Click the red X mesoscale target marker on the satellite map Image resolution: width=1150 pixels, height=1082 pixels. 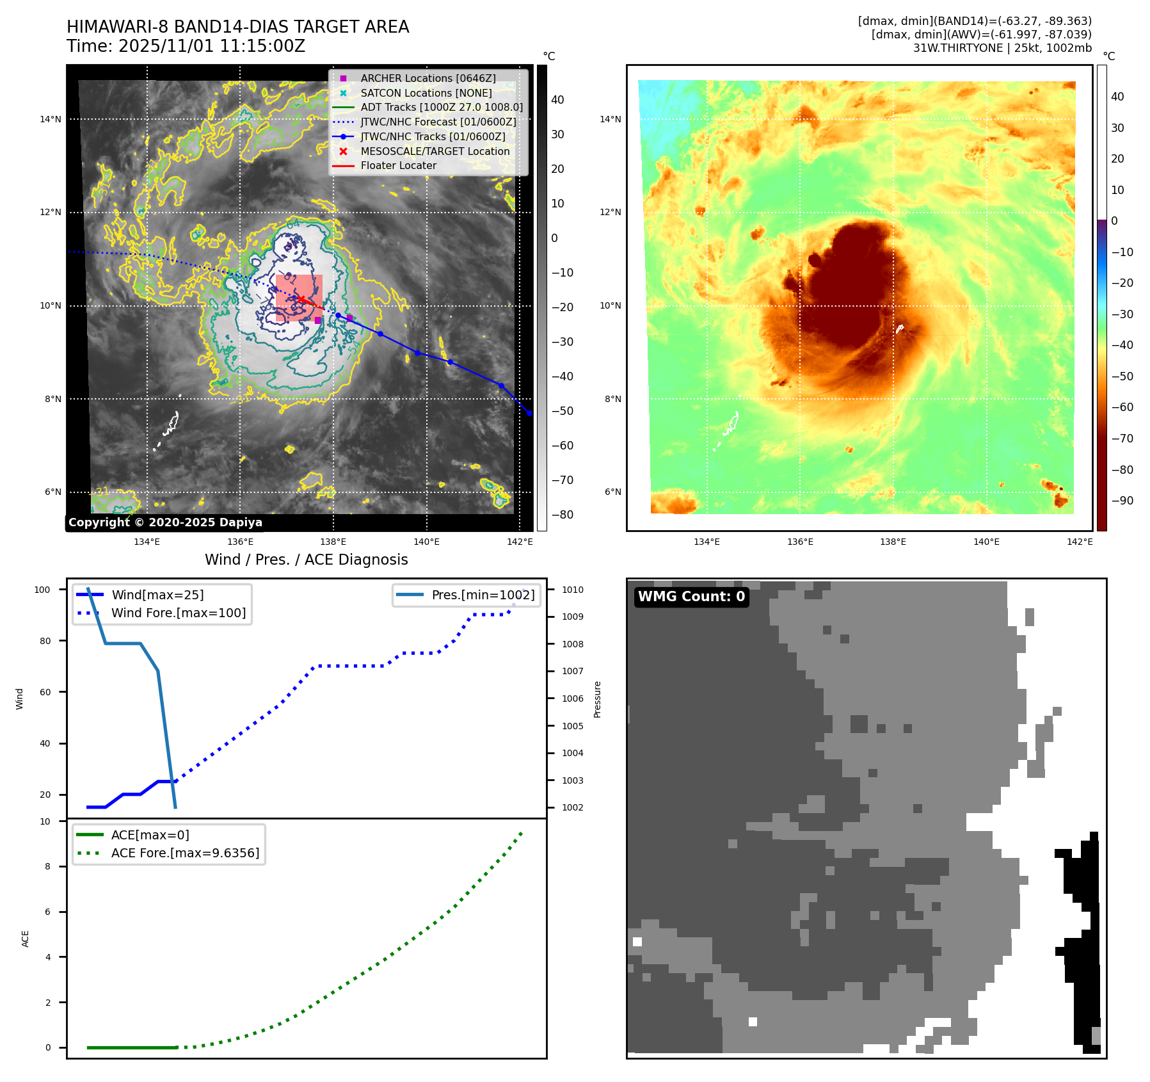point(301,299)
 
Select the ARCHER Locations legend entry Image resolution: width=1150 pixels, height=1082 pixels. point(427,78)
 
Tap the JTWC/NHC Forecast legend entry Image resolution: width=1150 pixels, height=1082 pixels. point(438,122)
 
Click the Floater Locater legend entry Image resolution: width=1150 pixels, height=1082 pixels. point(398,165)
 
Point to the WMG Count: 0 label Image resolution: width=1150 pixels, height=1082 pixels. point(691,597)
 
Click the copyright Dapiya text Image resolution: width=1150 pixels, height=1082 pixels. point(165,522)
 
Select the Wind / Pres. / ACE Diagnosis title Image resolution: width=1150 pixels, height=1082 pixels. point(306,560)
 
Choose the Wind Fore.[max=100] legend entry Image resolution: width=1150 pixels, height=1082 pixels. point(178,613)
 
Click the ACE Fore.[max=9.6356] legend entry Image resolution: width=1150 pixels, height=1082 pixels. point(185,853)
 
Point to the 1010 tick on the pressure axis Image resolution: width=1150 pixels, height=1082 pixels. point(572,590)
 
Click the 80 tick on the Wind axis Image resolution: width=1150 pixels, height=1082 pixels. point(45,641)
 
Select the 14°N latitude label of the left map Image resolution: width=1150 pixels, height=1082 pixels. point(51,119)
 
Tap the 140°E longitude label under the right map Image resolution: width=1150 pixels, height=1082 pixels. point(986,542)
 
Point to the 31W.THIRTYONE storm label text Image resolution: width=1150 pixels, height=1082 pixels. point(957,48)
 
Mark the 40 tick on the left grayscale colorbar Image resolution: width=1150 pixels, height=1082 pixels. point(557,100)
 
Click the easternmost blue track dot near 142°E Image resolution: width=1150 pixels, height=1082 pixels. point(529,413)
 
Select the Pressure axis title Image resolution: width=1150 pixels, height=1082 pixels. point(597,699)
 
